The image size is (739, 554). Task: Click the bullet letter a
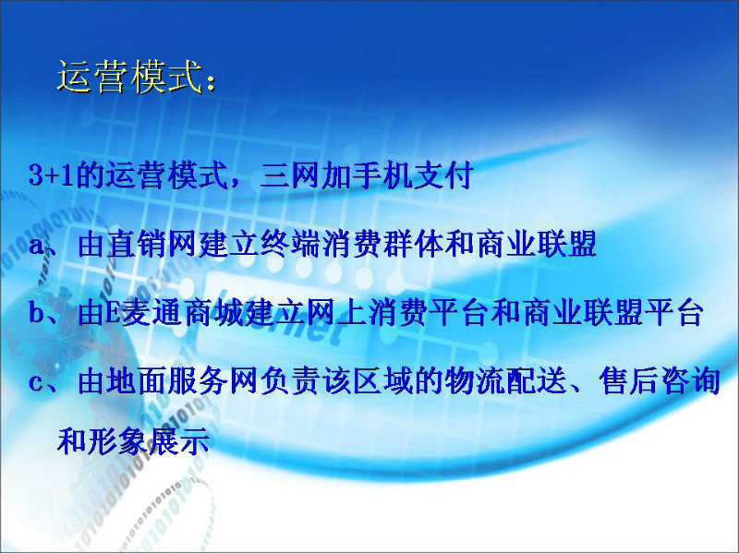pos(36,246)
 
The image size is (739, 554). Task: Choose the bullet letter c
pos(36,382)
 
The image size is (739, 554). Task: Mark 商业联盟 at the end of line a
pos(537,244)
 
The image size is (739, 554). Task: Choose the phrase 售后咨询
pos(660,380)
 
